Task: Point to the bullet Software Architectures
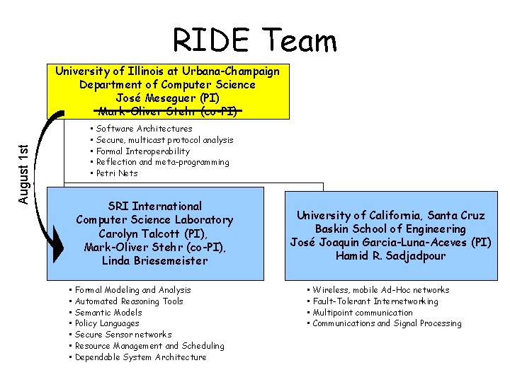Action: click(144, 129)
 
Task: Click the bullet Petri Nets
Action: click(117, 173)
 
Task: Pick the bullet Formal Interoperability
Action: click(143, 151)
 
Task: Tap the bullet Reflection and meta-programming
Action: click(162, 162)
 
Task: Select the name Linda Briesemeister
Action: click(155, 260)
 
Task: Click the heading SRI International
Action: click(155, 207)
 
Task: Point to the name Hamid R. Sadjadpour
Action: click(391, 256)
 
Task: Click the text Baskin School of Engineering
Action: click(391, 228)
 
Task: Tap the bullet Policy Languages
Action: click(107, 323)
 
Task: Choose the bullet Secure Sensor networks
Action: click(123, 335)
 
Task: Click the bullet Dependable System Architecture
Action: click(140, 357)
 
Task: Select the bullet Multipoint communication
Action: click(362, 313)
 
